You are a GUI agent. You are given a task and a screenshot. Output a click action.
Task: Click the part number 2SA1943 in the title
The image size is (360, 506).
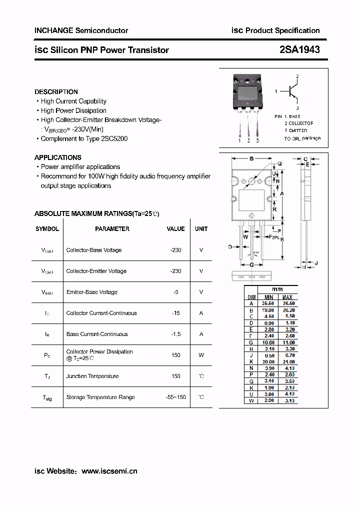pos(299,49)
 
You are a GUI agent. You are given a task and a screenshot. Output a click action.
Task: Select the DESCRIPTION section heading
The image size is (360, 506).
pos(56,92)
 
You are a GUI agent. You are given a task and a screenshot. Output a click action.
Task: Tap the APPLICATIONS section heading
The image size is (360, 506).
pos(58,157)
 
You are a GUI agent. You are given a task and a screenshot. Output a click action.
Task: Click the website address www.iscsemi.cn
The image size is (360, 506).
pos(109,471)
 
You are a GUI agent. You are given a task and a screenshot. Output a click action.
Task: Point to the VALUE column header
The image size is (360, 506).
pos(175,229)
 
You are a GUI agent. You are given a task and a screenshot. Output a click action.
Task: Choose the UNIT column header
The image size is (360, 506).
pos(201,229)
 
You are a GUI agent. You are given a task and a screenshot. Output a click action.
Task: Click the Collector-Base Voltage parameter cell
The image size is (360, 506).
pos(94,250)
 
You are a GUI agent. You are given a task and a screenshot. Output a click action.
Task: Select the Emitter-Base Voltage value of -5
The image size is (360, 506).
pos(175,292)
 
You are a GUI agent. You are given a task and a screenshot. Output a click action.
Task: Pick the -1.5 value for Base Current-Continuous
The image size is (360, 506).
pos(175,334)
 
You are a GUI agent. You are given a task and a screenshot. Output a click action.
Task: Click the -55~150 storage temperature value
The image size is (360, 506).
pos(175,397)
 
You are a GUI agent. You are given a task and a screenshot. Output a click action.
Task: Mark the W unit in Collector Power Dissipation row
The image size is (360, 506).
pos(201,355)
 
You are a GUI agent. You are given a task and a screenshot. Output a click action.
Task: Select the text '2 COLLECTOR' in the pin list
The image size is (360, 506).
pos(299,123)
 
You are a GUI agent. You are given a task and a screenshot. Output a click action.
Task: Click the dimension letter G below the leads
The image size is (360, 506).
pos(251,264)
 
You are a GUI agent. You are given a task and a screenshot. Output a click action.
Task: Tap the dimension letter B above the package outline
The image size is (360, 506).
pos(251,159)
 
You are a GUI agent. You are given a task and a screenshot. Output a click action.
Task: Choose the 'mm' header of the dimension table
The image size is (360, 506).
pos(277,289)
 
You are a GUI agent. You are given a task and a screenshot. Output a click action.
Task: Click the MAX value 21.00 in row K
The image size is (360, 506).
pos(288,361)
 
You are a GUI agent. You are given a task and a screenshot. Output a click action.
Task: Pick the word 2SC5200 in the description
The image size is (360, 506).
pos(114,139)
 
